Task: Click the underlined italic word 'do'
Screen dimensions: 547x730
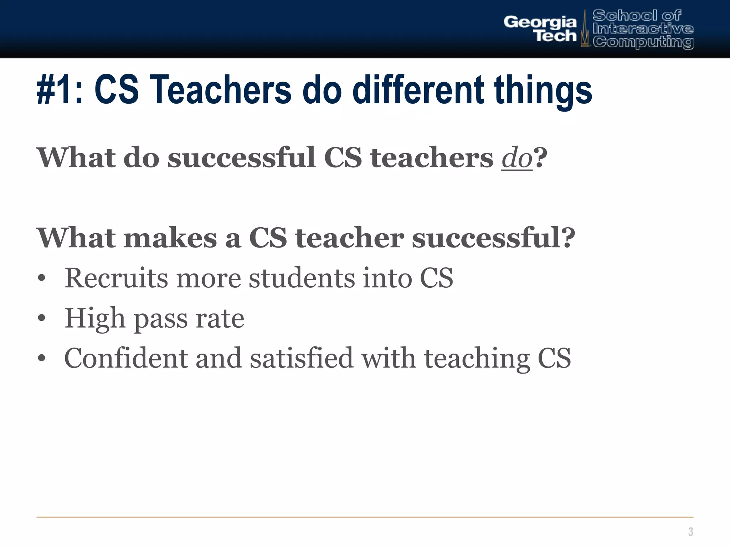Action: [517, 158]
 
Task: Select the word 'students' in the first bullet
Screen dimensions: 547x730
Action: [302, 278]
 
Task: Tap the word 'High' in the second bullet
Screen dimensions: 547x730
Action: [95, 318]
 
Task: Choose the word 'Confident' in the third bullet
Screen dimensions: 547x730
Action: [126, 358]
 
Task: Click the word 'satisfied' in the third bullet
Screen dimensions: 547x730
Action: [302, 358]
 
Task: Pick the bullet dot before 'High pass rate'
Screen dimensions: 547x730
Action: [42, 318]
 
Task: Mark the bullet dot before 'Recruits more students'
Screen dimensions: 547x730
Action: [42, 278]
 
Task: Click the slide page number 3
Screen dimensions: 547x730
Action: [690, 532]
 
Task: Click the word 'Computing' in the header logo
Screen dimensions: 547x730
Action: [643, 42]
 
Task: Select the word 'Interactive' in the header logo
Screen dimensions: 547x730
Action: [643, 28]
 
